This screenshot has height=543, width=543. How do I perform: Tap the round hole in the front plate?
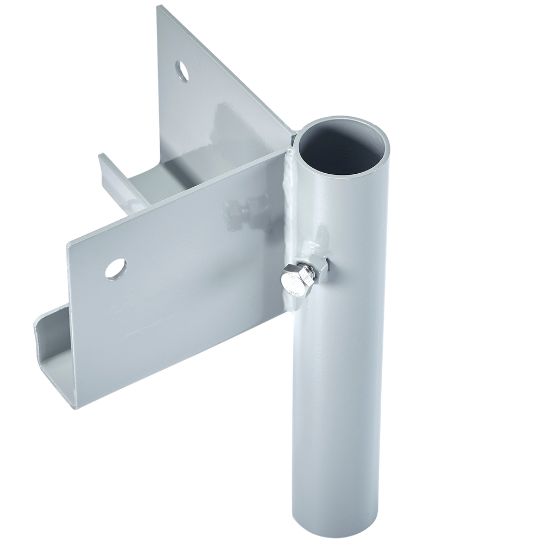pyautogui.click(x=116, y=268)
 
